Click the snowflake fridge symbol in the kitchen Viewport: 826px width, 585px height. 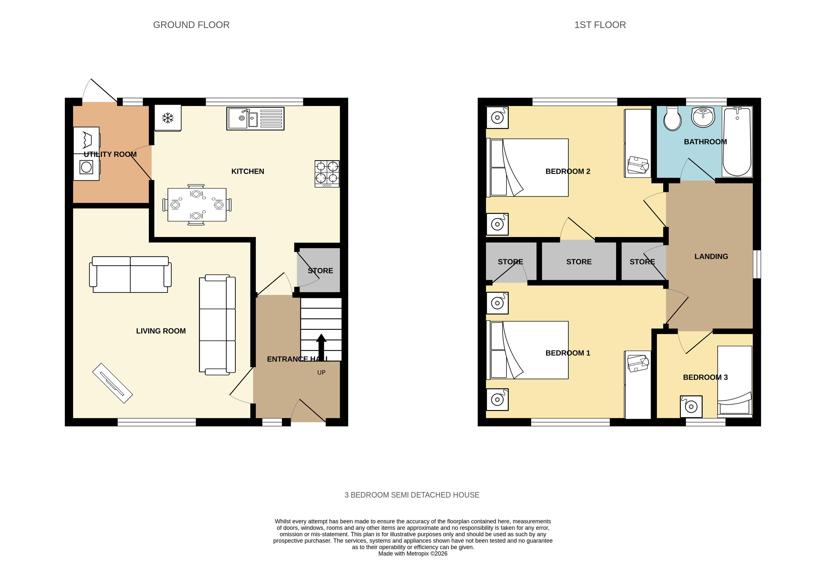[x=168, y=118]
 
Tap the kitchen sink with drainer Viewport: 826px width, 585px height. [x=255, y=119]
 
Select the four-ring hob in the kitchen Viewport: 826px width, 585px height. [x=327, y=174]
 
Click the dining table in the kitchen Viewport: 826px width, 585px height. [x=197, y=204]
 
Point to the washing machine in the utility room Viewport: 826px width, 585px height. [x=86, y=167]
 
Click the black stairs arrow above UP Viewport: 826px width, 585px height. [x=321, y=348]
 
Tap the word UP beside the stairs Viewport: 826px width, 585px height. [x=321, y=373]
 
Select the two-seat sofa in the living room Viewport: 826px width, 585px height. [x=130, y=274]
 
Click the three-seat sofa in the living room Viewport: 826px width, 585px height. [x=217, y=325]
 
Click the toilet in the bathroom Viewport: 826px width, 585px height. [x=672, y=118]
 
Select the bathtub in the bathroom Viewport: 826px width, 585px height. [x=737, y=142]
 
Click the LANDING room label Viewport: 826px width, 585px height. [x=711, y=256]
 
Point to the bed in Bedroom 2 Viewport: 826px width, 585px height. [x=528, y=168]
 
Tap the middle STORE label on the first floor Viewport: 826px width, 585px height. [x=579, y=262]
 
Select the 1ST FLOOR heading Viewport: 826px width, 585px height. [x=600, y=25]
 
